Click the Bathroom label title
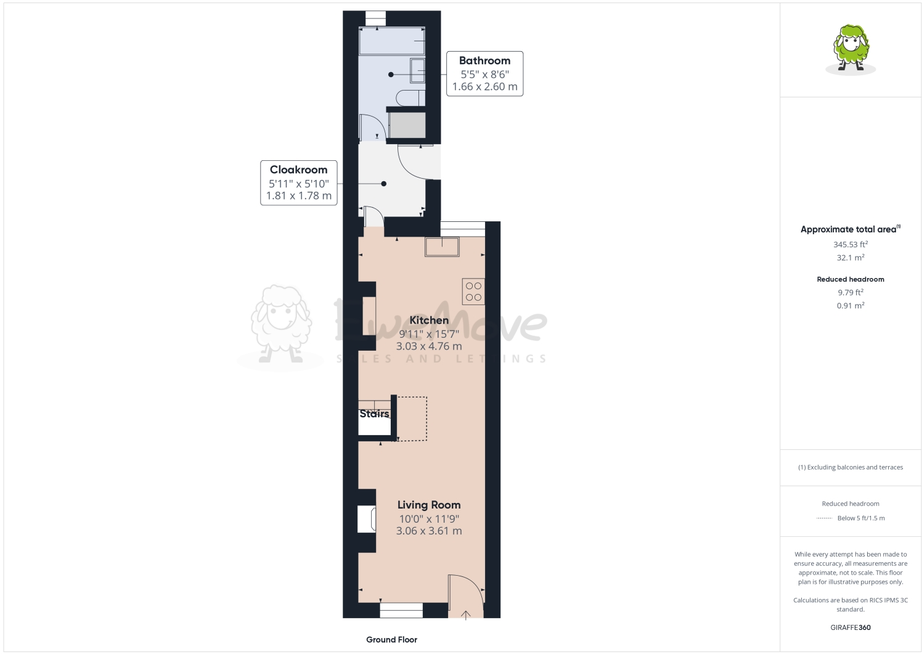click(x=484, y=60)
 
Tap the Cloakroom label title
click(x=298, y=170)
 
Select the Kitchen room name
click(x=429, y=320)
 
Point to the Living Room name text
click(x=429, y=505)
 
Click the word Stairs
click(x=374, y=414)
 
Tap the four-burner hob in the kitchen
click(x=473, y=292)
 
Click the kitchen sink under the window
click(x=442, y=247)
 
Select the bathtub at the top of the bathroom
click(x=392, y=41)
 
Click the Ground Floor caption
click(x=391, y=640)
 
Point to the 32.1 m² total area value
click(x=851, y=258)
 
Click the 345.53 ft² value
click(x=851, y=245)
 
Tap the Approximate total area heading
click(x=849, y=229)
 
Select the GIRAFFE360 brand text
click(x=851, y=627)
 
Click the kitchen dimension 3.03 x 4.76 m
click(x=429, y=346)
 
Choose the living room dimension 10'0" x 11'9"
click(x=429, y=519)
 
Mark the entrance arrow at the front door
click(x=466, y=614)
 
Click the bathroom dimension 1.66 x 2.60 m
click(x=484, y=87)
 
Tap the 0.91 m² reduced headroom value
click(x=851, y=306)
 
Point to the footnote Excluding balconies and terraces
click(x=851, y=467)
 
